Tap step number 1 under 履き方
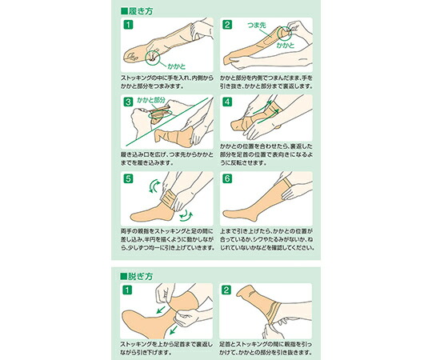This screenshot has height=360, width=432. tap(128, 25)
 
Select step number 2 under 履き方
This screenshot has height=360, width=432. tap(227, 25)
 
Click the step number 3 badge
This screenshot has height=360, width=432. tap(128, 102)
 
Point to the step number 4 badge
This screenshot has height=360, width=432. tap(227, 102)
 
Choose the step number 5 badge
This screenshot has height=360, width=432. tap(128, 178)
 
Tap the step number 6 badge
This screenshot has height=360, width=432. tap(227, 178)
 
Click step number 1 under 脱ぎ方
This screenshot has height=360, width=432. tap(127, 290)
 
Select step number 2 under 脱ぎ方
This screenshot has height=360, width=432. tap(226, 290)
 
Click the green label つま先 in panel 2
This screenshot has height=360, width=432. tap(257, 26)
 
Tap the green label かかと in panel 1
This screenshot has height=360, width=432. tap(177, 66)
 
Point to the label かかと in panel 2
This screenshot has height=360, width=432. tap(286, 46)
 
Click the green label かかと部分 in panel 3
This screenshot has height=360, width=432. tap(151, 100)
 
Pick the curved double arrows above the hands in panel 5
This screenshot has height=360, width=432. tap(154, 186)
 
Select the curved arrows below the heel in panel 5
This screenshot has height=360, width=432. tap(186, 216)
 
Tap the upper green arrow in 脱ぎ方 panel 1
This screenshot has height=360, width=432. tap(161, 310)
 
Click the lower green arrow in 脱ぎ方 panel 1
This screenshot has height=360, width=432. tap(174, 330)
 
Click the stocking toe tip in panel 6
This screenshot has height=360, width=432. tap(224, 214)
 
